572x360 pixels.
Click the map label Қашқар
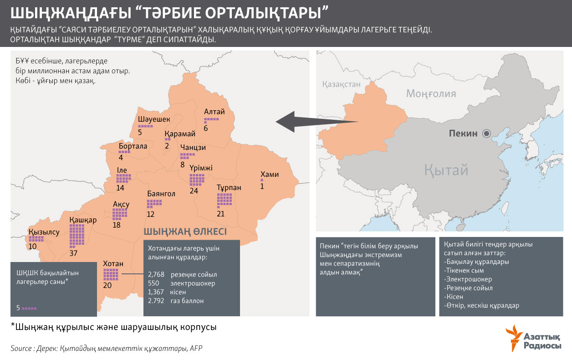[x=83, y=220]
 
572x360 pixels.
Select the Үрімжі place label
[x=201, y=168]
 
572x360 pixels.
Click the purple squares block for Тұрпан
[x=224, y=201]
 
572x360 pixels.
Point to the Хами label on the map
[x=269, y=175]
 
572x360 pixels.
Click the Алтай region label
[x=214, y=112]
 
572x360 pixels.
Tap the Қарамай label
[x=180, y=134]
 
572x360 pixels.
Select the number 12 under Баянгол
[x=151, y=214]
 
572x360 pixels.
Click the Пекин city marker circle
[x=486, y=134]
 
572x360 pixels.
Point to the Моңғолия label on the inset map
[x=431, y=94]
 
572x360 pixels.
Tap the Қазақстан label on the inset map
[x=341, y=84]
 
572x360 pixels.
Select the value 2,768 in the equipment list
[x=156, y=275]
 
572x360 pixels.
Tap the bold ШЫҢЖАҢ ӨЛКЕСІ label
[x=185, y=231]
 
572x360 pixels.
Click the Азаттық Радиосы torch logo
[x=514, y=337]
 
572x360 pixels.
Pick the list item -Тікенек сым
[x=464, y=271]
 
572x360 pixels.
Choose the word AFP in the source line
[x=196, y=348]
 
